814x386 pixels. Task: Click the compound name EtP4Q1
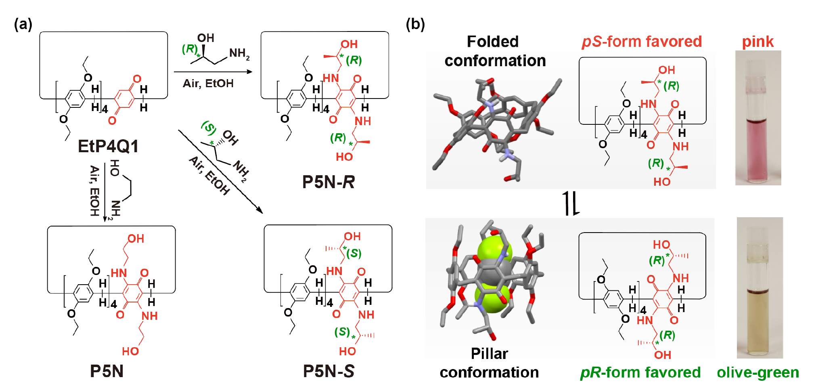pyautogui.click(x=108, y=146)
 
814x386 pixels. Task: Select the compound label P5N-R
pyautogui.click(x=328, y=182)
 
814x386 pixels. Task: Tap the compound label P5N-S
pyautogui.click(x=329, y=371)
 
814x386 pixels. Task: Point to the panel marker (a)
pyautogui.click(x=23, y=24)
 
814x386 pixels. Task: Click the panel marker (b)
pyautogui.click(x=415, y=24)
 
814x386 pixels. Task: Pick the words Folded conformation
pyautogui.click(x=495, y=51)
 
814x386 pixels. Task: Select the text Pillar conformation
pyautogui.click(x=489, y=363)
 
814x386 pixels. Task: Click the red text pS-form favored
pyautogui.click(x=642, y=42)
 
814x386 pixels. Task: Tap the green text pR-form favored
pyautogui.click(x=640, y=372)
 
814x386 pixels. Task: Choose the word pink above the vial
pyautogui.click(x=758, y=42)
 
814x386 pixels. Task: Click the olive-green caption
pyautogui.click(x=758, y=372)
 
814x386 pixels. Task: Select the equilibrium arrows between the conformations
pyautogui.click(x=571, y=203)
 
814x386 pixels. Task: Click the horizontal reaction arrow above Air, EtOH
pyautogui.click(x=213, y=72)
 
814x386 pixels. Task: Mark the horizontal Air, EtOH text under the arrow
pyautogui.click(x=208, y=84)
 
